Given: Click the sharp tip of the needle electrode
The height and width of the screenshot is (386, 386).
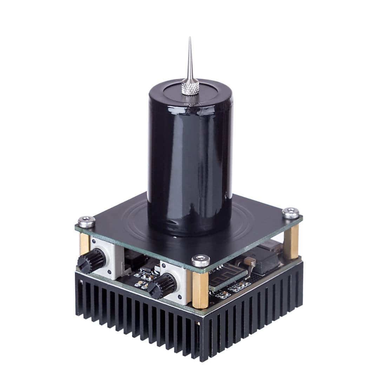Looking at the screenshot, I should pos(189,38).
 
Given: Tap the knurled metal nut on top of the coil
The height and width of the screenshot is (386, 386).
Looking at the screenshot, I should pos(190,87).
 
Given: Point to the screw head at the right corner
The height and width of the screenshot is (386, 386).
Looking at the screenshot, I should pos(291,212).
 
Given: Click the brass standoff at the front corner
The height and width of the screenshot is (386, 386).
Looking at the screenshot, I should pos(199,286).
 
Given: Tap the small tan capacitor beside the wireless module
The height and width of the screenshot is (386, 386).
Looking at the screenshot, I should pos(249,261).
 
